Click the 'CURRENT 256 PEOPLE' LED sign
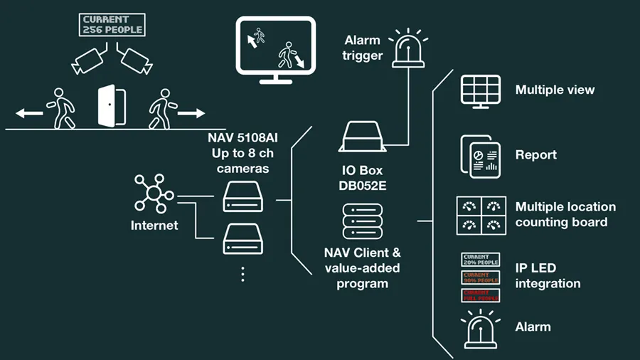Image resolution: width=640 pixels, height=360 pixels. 113,24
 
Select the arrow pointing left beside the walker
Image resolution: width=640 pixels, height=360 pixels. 29,112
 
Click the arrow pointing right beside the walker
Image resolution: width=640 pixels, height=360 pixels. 191,112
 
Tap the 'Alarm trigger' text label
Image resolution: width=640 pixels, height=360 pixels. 363,48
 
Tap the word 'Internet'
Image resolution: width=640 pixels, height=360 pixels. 154,226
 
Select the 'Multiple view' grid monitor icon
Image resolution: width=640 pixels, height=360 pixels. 481,91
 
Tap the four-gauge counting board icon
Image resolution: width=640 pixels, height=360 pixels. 481,216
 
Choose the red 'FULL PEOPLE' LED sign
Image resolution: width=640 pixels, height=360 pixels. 481,295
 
